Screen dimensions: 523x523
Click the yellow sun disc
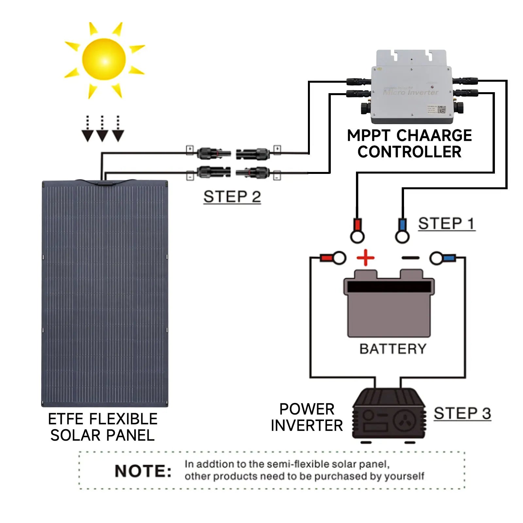(x=104, y=59)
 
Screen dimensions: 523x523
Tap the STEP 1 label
(x=446, y=224)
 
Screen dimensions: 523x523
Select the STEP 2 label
(x=232, y=197)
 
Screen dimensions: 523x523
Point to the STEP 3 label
(x=462, y=413)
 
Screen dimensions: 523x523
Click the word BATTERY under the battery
(x=393, y=349)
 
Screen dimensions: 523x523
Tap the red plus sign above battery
(x=365, y=258)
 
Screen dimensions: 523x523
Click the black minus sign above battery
(x=410, y=258)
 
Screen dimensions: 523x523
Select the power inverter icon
(x=389, y=415)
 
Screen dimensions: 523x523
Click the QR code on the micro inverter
(x=442, y=110)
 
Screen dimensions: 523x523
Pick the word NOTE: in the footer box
(x=143, y=471)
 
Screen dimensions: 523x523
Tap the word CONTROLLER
(x=409, y=152)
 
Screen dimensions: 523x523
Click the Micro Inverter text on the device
(x=411, y=93)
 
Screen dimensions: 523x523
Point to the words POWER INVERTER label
(x=307, y=417)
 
